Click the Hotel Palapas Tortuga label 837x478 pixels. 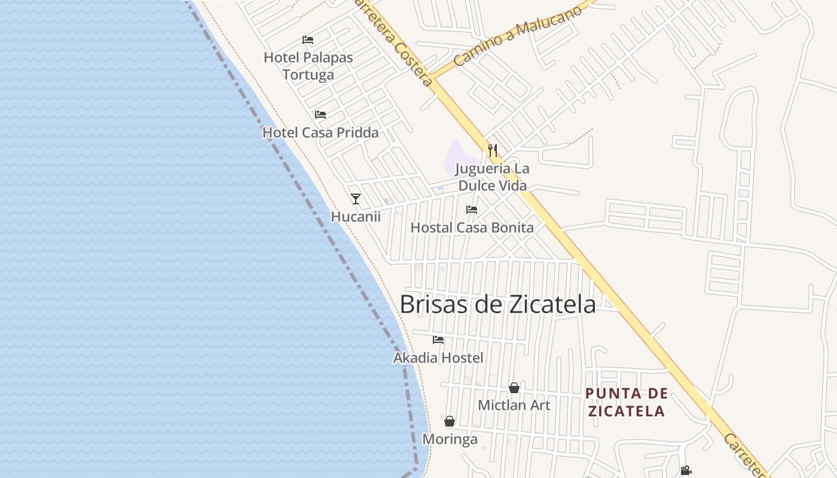308,66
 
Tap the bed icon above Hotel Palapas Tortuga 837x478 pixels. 308,40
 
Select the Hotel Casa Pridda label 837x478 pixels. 320,133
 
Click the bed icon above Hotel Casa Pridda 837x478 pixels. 320,114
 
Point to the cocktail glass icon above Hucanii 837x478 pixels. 356,198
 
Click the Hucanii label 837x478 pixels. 356,217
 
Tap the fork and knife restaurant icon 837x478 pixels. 493,150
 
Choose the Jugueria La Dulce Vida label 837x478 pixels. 493,177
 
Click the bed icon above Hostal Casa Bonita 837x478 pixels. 472,209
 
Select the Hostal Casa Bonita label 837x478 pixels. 472,228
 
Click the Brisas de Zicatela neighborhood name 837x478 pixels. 497,304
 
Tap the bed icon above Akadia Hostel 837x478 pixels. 438,339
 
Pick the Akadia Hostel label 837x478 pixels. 438,358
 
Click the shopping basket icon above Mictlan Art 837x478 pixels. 514,388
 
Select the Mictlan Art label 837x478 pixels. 514,405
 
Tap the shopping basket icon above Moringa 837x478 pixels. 450,421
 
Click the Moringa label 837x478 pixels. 450,440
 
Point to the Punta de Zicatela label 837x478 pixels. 626,402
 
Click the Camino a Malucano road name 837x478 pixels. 517,37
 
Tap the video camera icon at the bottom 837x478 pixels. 686,471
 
